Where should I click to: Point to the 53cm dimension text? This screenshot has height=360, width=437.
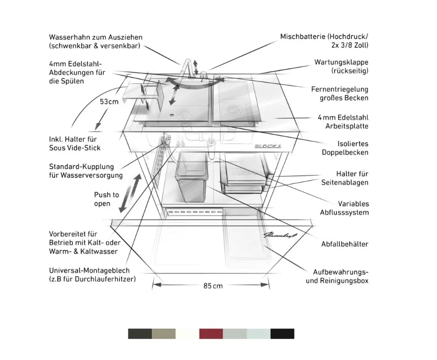point(109,102)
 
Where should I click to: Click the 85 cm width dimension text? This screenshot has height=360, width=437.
point(213,286)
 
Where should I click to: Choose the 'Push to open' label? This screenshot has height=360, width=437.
point(106,199)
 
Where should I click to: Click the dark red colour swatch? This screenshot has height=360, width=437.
point(211,333)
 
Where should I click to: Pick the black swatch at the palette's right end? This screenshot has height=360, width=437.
point(282,333)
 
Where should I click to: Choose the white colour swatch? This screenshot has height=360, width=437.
point(187,333)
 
